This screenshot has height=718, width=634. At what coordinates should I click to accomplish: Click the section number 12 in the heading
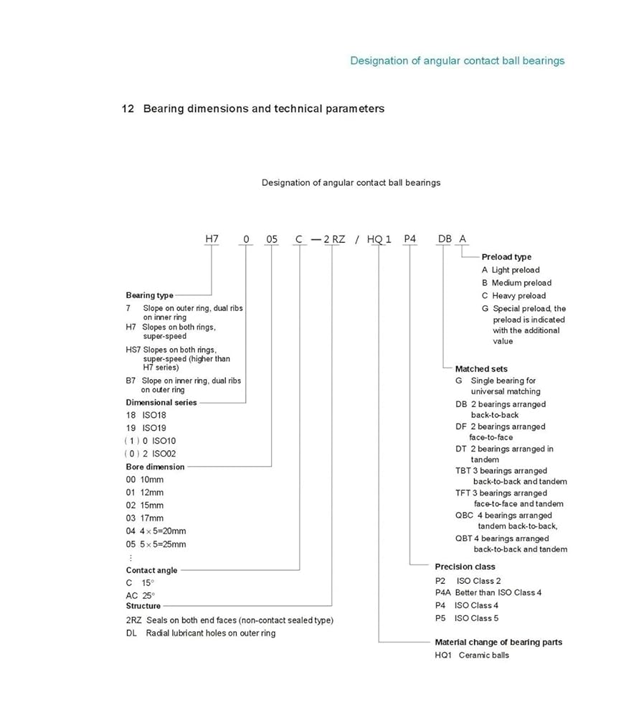[128, 109]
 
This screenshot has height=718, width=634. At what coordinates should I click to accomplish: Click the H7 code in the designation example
[212, 239]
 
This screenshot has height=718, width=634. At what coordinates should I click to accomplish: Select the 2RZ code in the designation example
[334, 239]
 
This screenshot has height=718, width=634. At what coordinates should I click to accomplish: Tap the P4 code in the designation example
[410, 239]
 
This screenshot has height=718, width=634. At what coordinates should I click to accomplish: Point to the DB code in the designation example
[444, 239]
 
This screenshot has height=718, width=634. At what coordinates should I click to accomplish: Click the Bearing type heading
[149, 295]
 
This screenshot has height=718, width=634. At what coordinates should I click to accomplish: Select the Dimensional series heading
[161, 403]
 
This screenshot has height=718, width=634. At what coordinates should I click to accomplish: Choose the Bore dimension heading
[155, 467]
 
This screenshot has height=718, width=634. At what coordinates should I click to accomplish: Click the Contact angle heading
[151, 570]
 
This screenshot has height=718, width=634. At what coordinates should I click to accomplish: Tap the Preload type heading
[506, 257]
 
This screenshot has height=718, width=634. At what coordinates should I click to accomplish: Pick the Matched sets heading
[481, 369]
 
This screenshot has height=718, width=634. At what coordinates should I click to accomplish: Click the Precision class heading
[465, 567]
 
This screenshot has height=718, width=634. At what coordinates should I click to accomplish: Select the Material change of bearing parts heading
[498, 642]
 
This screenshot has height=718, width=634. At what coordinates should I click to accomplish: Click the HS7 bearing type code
[133, 350]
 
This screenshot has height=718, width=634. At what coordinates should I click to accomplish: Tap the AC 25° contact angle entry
[141, 595]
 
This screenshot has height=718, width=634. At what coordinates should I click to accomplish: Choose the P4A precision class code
[443, 592]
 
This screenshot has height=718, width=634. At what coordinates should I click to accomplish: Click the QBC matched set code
[464, 516]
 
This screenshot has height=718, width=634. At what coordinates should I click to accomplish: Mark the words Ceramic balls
[483, 655]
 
